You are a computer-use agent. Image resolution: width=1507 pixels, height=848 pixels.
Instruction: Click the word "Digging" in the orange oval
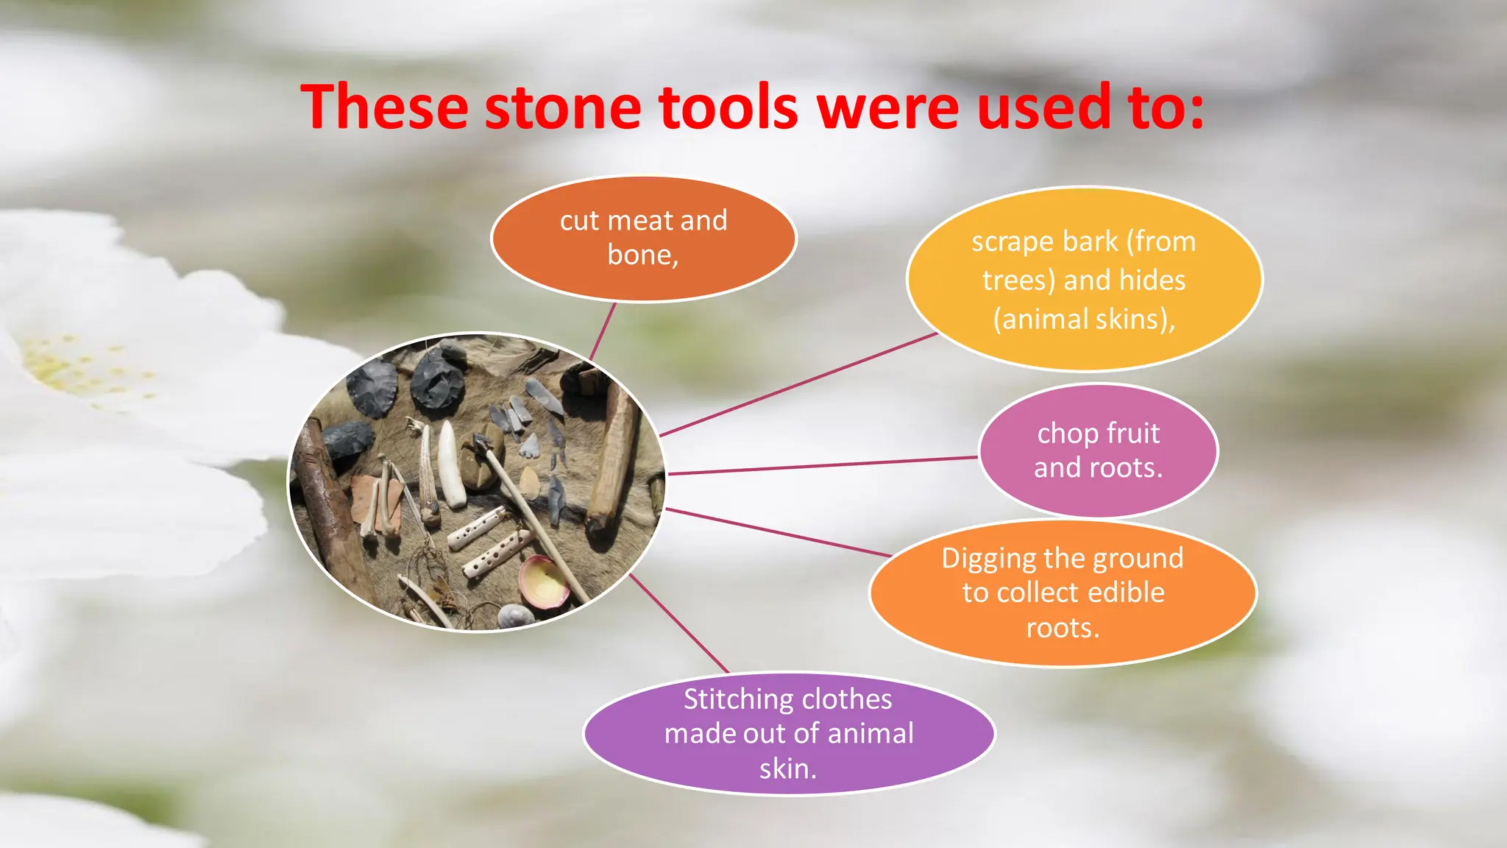click(x=989, y=559)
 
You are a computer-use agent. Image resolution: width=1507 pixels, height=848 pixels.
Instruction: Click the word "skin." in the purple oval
click(x=788, y=768)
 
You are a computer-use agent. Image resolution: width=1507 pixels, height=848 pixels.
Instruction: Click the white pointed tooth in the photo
click(x=450, y=463)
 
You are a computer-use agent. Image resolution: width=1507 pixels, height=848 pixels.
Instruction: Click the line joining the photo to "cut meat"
click(x=603, y=331)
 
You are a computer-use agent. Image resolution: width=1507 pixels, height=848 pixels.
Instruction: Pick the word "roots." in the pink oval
click(x=1098, y=468)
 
